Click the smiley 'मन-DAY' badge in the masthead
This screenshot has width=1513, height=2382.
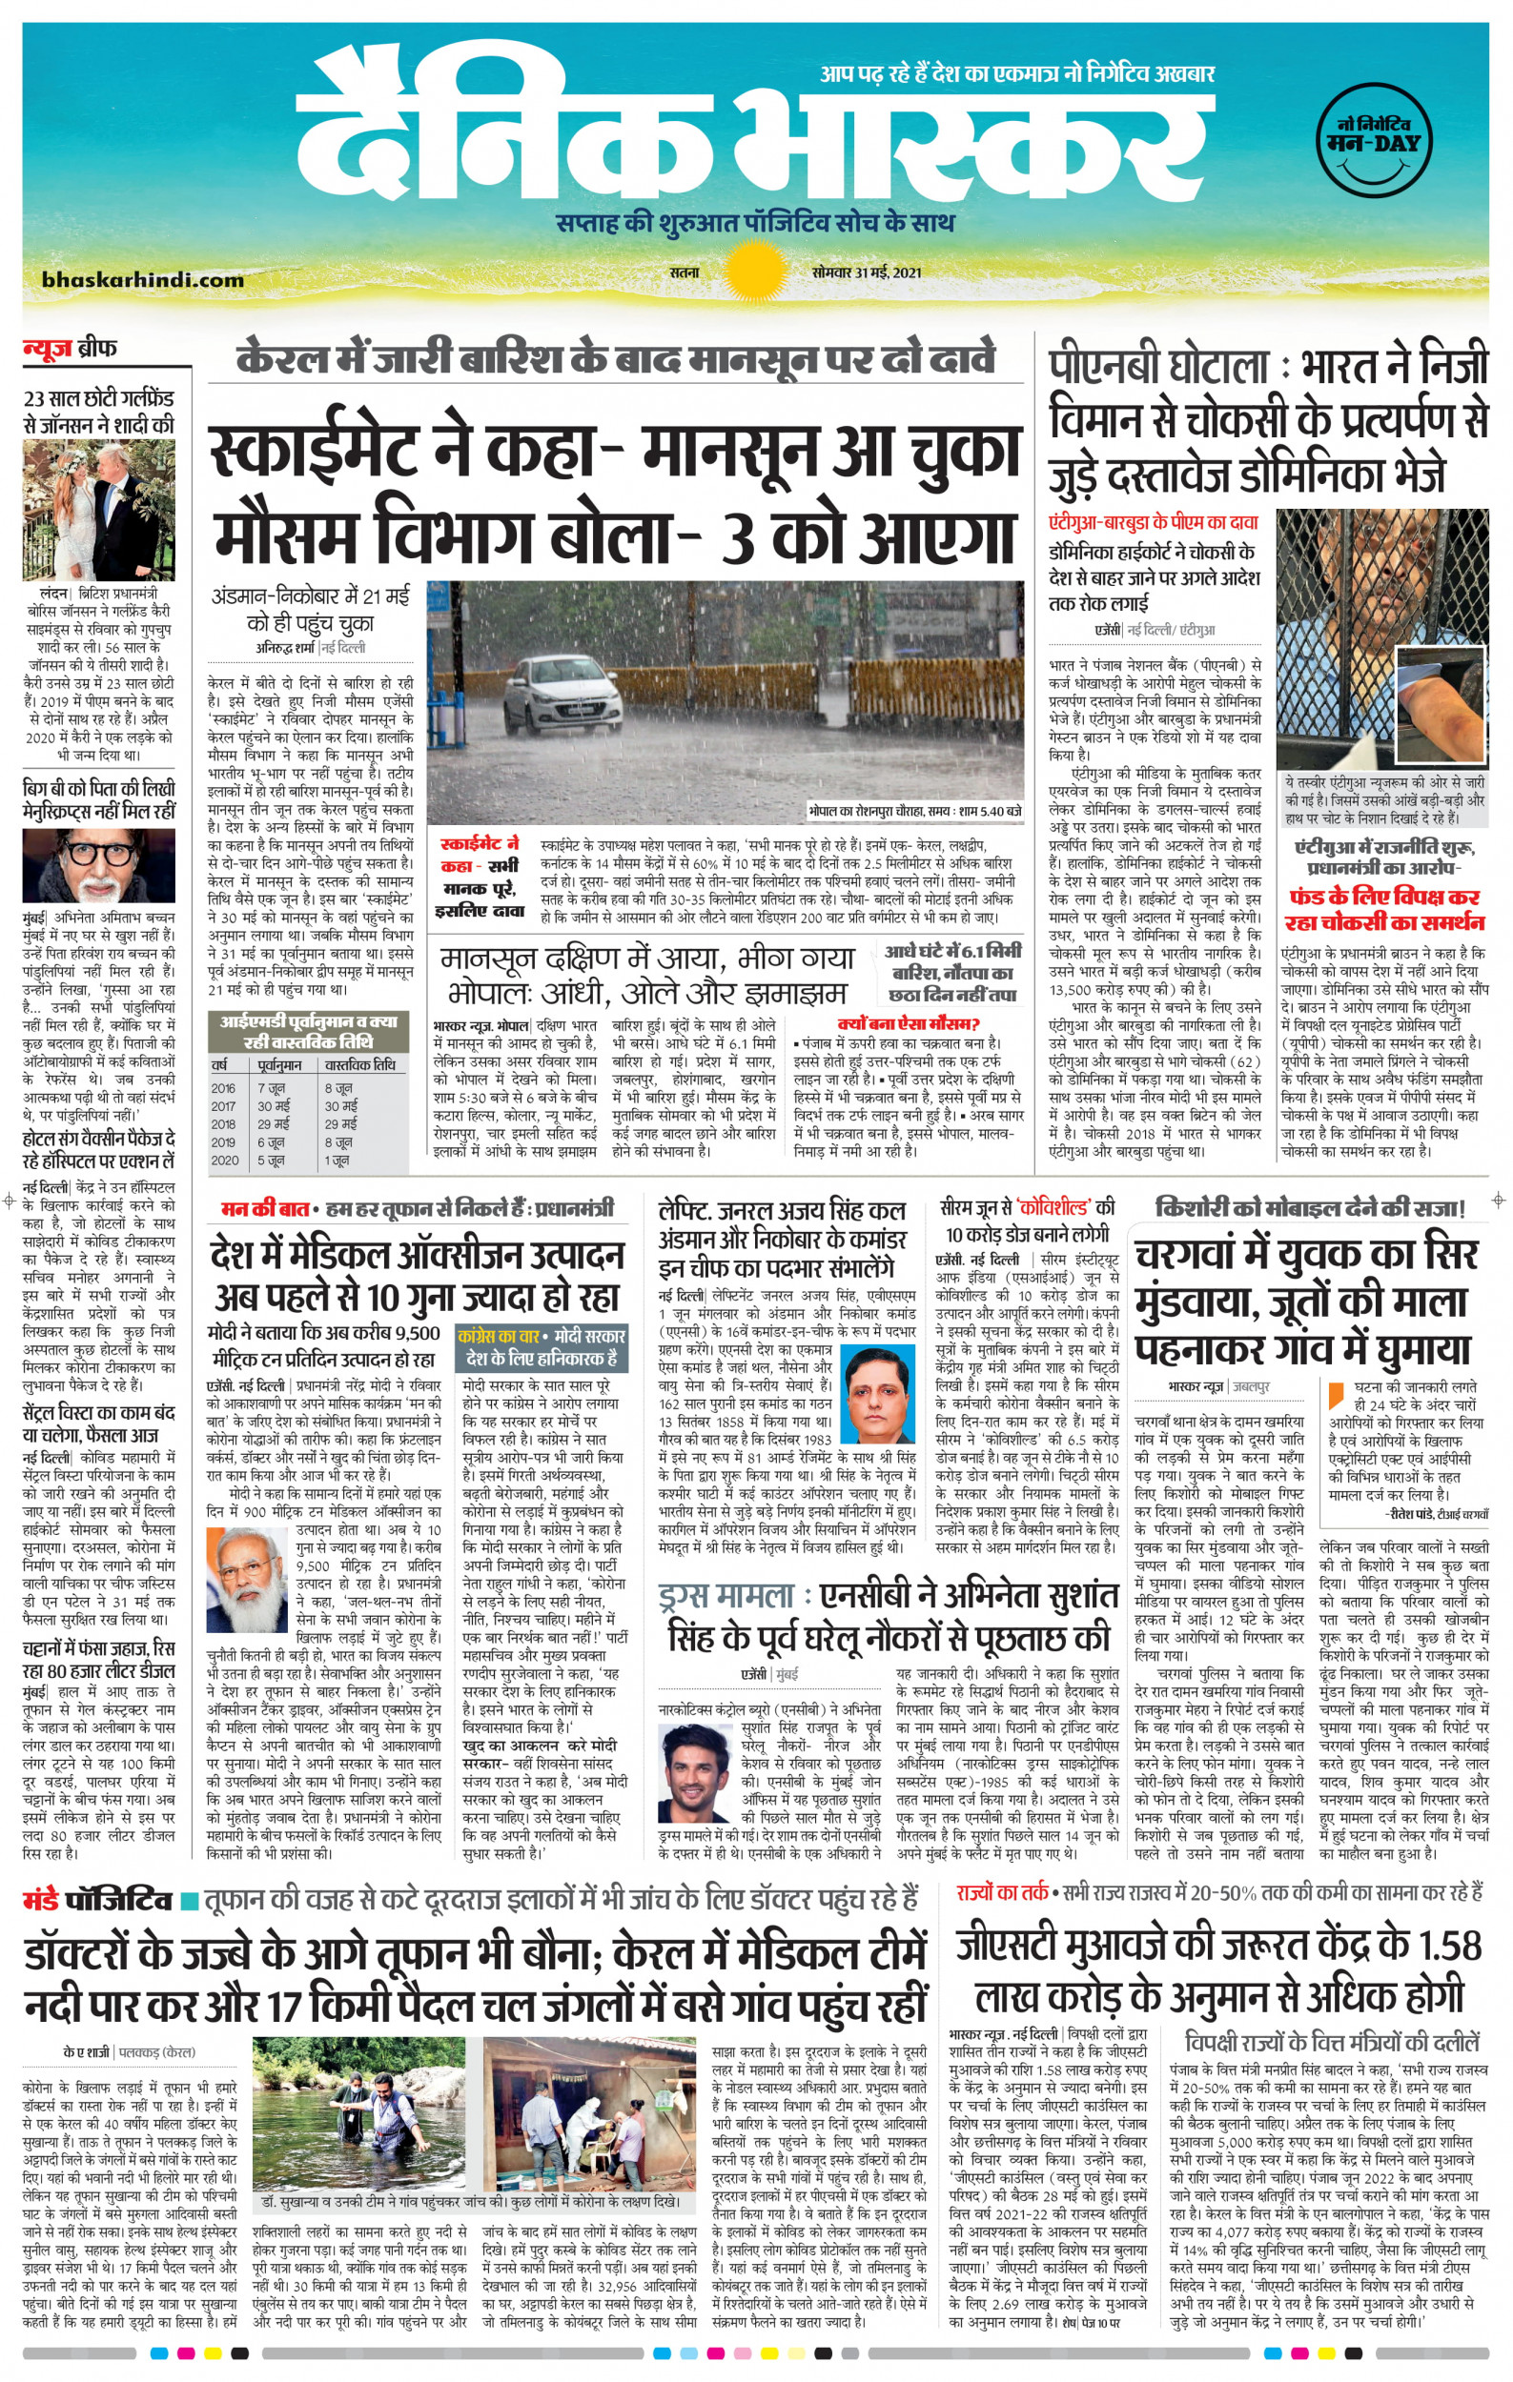pyautogui.click(x=1374, y=145)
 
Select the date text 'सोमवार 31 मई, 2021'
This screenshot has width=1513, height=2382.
pyautogui.click(x=867, y=273)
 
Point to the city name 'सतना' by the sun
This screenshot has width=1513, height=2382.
pyautogui.click(x=683, y=273)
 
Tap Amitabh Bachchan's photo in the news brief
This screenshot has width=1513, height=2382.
pyautogui.click(x=98, y=865)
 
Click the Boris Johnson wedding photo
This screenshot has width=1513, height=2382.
pyautogui.click(x=98, y=511)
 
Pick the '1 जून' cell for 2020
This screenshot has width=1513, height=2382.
pyautogui.click(x=337, y=1161)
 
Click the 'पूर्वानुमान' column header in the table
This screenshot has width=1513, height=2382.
pyautogui.click(x=280, y=1065)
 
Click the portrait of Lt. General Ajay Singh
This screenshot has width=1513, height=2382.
pyautogui.click(x=880, y=1394)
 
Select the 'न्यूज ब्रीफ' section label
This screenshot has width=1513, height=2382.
pyautogui.click(x=70, y=348)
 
